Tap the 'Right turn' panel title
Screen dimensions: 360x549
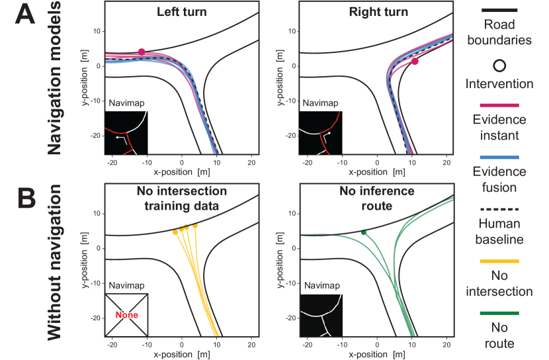coord(378,13)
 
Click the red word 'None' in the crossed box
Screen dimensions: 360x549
coord(126,315)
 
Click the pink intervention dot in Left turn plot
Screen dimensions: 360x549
coord(142,52)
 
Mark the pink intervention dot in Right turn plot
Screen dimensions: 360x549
coord(415,62)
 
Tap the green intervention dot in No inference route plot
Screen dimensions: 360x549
coord(364,232)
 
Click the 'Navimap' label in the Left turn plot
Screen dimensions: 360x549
coord(125,103)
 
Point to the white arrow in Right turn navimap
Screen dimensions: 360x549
coord(326,134)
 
